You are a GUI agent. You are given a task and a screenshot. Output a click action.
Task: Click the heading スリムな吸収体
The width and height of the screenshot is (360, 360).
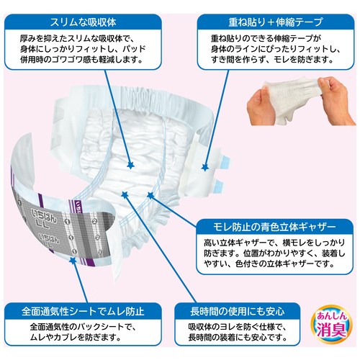(83, 22)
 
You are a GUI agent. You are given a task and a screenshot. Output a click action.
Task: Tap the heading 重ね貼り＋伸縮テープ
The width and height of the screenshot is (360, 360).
(275, 22)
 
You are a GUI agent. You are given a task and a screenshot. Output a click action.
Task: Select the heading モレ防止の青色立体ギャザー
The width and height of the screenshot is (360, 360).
(274, 227)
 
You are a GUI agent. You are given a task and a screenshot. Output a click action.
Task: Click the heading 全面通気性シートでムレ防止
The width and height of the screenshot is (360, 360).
(83, 311)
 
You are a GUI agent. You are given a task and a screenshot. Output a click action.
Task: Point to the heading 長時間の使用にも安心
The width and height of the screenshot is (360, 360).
(238, 311)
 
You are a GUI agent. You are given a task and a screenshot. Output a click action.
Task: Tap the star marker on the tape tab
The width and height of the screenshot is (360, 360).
(204, 167)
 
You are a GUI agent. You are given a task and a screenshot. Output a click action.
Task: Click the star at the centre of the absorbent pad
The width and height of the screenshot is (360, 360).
(131, 165)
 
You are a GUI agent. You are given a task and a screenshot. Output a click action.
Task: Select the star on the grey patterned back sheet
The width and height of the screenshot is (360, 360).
(72, 261)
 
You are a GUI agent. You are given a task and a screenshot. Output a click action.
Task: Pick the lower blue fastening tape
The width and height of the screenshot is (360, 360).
(219, 185)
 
